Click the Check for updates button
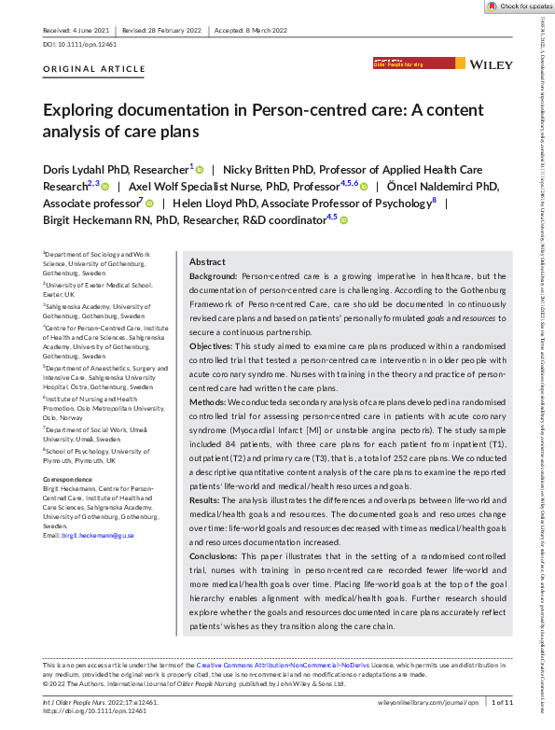pos(519,7)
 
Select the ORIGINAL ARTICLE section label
pos(82,70)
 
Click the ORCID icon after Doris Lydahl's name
pos(200,169)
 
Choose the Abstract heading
pos(207,262)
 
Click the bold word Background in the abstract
pos(213,277)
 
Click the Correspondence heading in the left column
pos(70,479)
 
